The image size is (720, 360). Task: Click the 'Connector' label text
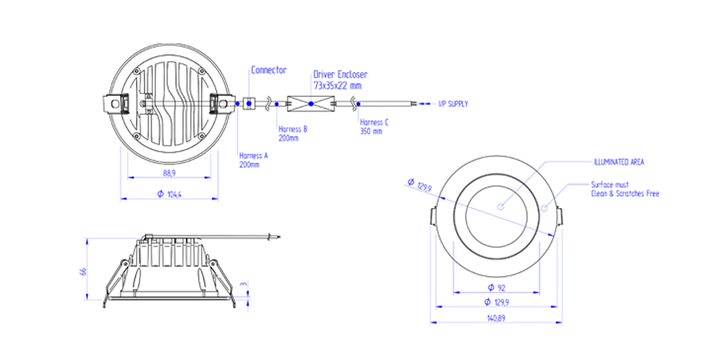(x=269, y=70)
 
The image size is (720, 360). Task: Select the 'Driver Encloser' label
(x=340, y=74)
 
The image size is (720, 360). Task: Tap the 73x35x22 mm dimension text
(x=337, y=84)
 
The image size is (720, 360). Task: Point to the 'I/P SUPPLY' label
(x=453, y=104)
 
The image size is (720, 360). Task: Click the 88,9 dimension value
(x=169, y=174)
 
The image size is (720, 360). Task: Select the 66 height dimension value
(x=83, y=271)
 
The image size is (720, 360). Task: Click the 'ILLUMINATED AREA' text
(x=618, y=162)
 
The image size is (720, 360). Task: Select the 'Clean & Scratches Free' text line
(x=625, y=194)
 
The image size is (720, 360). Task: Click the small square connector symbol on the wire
(x=249, y=103)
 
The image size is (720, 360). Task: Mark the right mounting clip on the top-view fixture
(x=218, y=103)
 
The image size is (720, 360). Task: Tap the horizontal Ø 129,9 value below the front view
(x=496, y=302)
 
